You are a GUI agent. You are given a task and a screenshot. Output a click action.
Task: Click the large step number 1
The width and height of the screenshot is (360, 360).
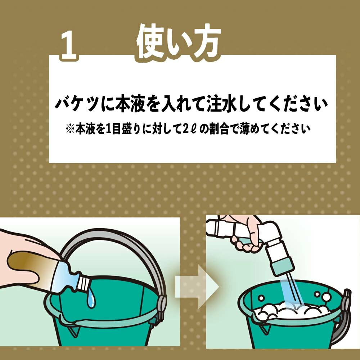(x=68, y=45)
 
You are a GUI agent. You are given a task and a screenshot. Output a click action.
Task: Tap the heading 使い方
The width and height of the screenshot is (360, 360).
(x=178, y=41)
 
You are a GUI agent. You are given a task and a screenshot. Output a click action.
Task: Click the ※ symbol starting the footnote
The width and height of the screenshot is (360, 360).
(x=70, y=129)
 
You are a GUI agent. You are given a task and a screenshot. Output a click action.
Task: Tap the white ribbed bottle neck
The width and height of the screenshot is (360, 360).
(x=83, y=283)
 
